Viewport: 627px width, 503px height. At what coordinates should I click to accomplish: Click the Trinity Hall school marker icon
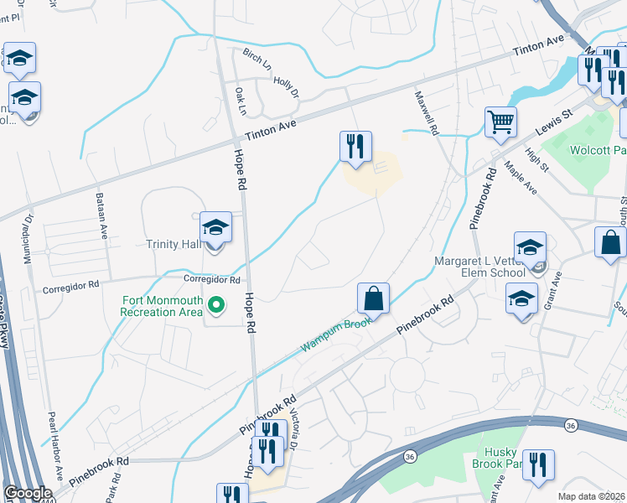[215, 228]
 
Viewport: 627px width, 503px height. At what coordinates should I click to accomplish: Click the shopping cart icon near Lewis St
[500, 122]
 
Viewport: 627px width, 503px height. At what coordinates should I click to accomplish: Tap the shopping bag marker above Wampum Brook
[373, 298]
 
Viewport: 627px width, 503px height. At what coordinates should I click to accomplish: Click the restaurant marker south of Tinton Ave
[355, 146]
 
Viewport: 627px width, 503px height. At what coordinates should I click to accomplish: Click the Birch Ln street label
[257, 60]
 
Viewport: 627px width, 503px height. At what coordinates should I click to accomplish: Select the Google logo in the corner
[28, 493]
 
